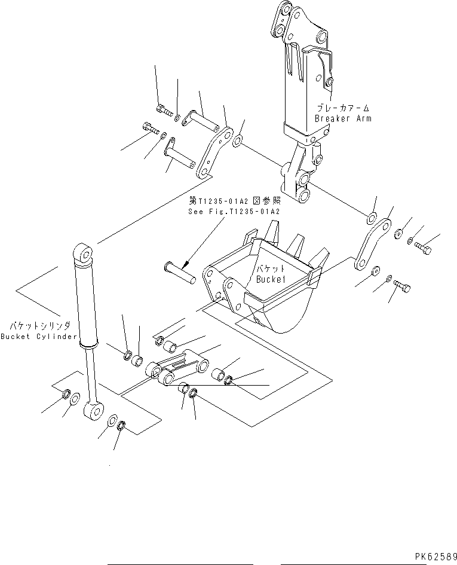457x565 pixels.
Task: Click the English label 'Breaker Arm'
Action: [x=343, y=118]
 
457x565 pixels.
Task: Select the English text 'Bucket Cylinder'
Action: [x=39, y=336]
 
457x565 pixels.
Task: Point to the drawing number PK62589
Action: [x=433, y=556]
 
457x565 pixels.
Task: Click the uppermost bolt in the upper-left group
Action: [x=162, y=109]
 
